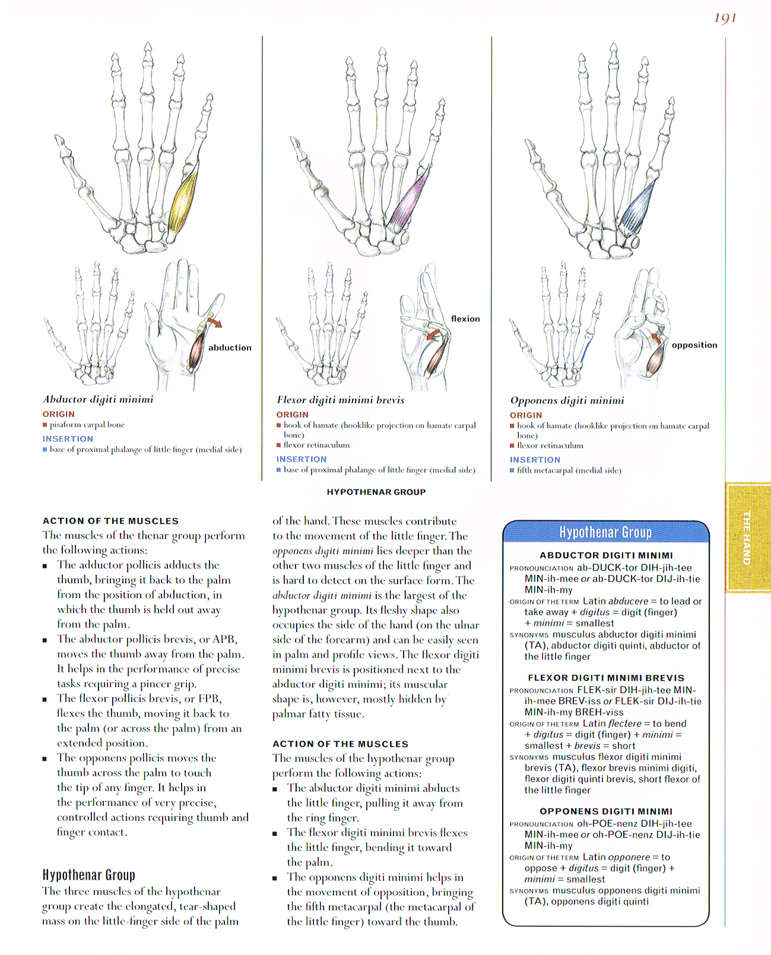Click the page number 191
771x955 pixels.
pyautogui.click(x=725, y=18)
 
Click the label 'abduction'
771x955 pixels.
pyautogui.click(x=230, y=347)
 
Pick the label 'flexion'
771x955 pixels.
pyautogui.click(x=465, y=319)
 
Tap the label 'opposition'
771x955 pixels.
pyautogui.click(x=694, y=345)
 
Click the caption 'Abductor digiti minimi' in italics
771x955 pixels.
pyautogui.click(x=98, y=400)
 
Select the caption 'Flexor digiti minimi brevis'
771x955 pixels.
pyautogui.click(x=341, y=400)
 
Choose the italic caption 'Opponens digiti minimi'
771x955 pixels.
pyautogui.click(x=567, y=401)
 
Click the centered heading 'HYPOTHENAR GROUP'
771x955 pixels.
pyautogui.click(x=376, y=492)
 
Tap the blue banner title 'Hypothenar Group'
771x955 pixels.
pyautogui.click(x=605, y=533)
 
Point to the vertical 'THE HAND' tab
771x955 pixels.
pyautogui.click(x=747, y=537)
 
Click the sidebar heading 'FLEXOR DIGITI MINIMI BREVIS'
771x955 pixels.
pyautogui.click(x=606, y=678)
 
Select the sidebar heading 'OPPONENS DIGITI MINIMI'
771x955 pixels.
pyautogui.click(x=606, y=811)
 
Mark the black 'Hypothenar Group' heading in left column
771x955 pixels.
pyautogui.click(x=89, y=875)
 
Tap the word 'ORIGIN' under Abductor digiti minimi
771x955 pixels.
pyautogui.click(x=59, y=415)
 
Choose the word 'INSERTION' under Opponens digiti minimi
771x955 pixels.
pyautogui.click(x=535, y=460)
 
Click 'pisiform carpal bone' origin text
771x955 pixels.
pyautogui.click(x=87, y=425)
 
